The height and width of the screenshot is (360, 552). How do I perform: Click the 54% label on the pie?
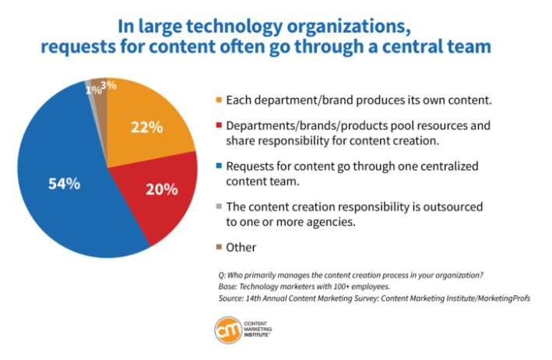[x=62, y=184]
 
